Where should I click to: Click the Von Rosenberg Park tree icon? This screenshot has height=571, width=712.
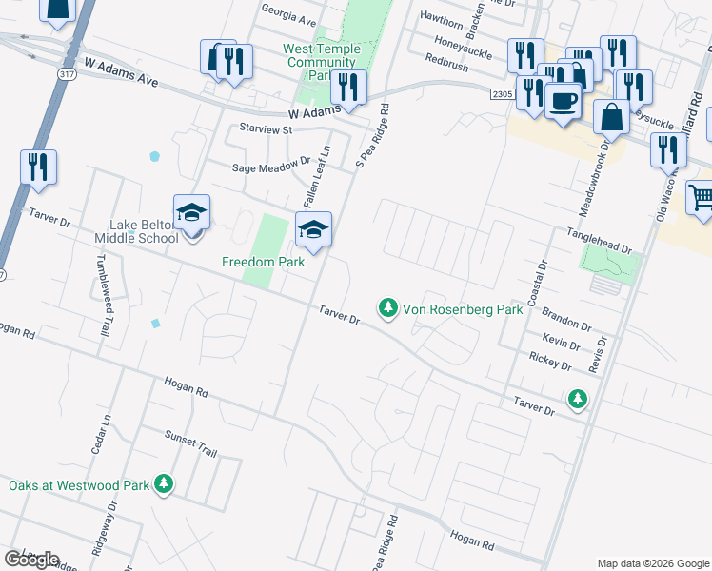point(387,307)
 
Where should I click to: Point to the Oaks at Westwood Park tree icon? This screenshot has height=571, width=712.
point(165,484)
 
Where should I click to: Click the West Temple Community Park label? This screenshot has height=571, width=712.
point(321,62)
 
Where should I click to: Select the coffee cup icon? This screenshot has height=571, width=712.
point(563,100)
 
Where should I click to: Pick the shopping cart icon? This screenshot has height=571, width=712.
point(701,198)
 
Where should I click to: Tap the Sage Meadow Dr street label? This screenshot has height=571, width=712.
point(272,166)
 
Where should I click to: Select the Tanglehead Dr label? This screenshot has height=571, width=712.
point(599,241)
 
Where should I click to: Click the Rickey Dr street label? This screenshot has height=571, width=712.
point(550,363)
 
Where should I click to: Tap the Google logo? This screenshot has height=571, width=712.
point(30,560)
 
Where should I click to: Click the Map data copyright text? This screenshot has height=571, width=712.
point(652,563)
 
